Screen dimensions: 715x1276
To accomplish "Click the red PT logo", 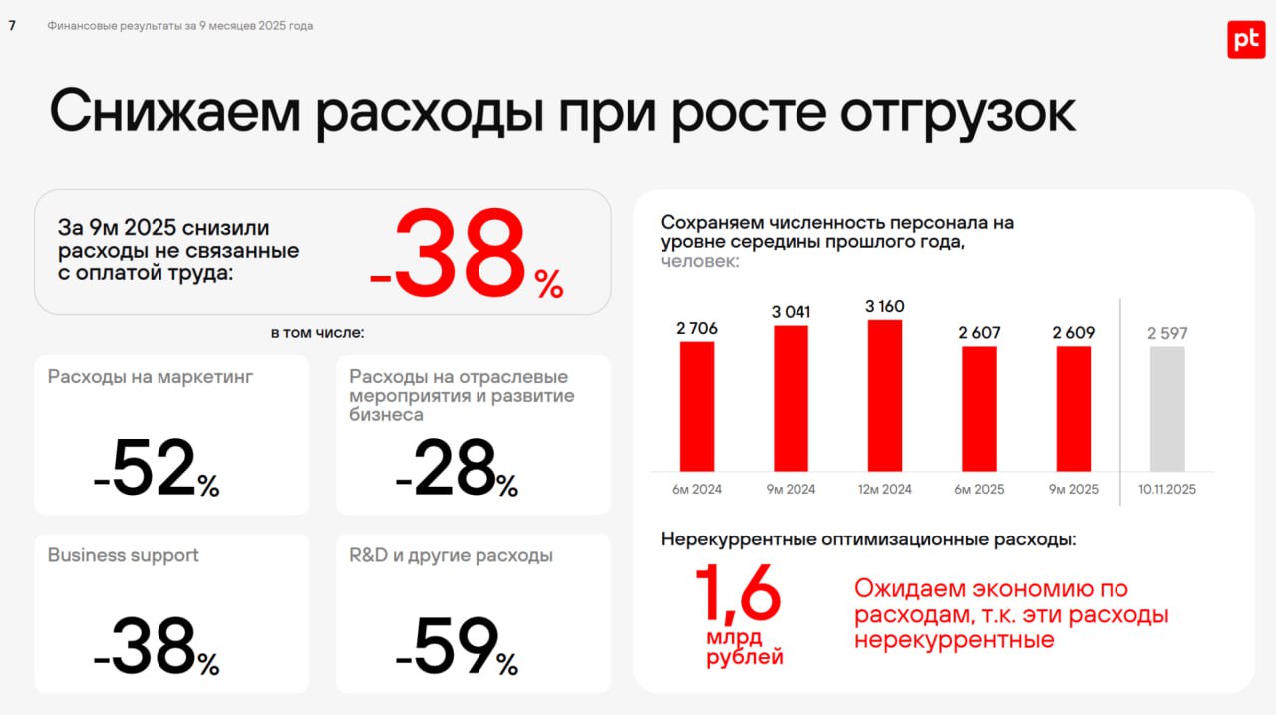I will pos(1245,39).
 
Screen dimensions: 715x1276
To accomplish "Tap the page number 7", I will pos(12,26).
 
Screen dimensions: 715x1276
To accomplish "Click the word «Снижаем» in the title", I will pos(175,113).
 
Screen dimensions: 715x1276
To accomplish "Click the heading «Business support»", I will pos(124,555).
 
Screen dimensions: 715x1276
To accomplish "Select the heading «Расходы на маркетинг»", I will pos(137,377).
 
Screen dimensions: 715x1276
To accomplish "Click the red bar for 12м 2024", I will pos(885,395).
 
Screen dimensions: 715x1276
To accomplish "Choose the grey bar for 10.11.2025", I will pos(1167,409).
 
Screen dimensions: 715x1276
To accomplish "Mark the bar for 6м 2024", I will pos(697,406).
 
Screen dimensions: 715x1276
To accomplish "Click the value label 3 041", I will pos(791,312).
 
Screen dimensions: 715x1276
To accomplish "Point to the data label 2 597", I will pos(1167,333).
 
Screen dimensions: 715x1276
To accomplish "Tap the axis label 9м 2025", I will pos(1075,489).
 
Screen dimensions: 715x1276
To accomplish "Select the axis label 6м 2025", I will pos(980,489).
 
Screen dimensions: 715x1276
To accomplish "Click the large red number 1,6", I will pos(738,594).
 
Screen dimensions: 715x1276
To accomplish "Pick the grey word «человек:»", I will pos(700,261).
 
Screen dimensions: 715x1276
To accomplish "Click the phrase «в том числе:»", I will pos(318,333).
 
